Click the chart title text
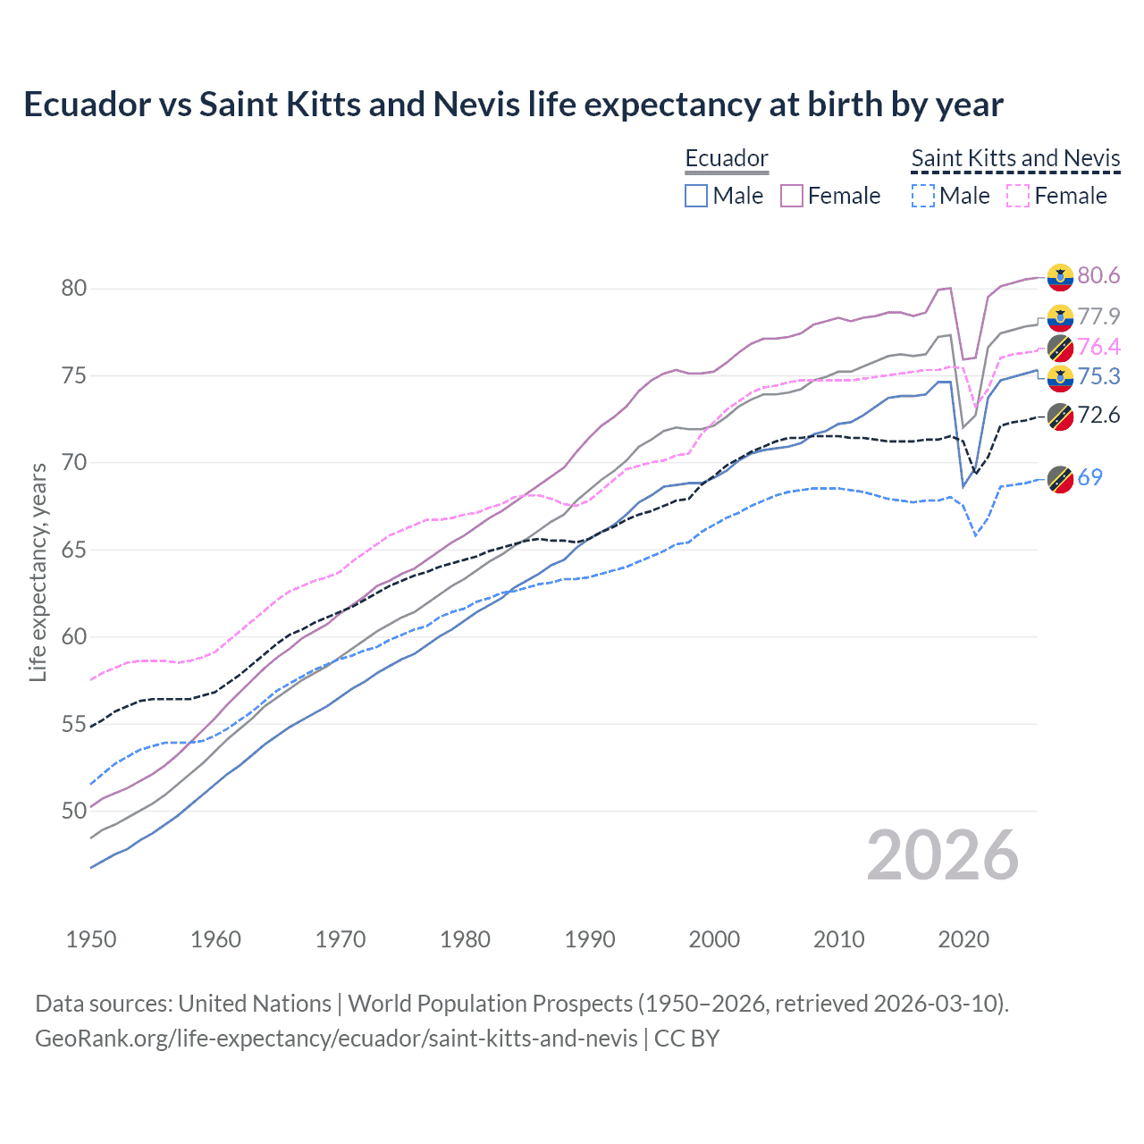tap(513, 105)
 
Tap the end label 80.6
tap(1098, 275)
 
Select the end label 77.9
tap(1098, 316)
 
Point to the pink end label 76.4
tap(1098, 347)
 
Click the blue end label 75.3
tap(1098, 376)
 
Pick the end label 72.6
tap(1098, 415)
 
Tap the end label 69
tap(1089, 477)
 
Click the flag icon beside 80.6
tap(1060, 277)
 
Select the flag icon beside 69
tap(1060, 479)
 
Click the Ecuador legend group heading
tap(726, 158)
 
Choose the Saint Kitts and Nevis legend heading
tap(1015, 158)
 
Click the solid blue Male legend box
tap(696, 196)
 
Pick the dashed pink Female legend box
tap(1018, 196)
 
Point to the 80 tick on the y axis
tap(74, 288)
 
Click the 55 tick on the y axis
tap(74, 724)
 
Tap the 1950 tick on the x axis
tap(91, 939)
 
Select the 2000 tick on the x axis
tap(714, 939)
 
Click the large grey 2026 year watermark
tap(942, 855)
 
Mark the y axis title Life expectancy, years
tap(38, 572)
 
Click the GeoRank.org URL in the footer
tap(336, 1038)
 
